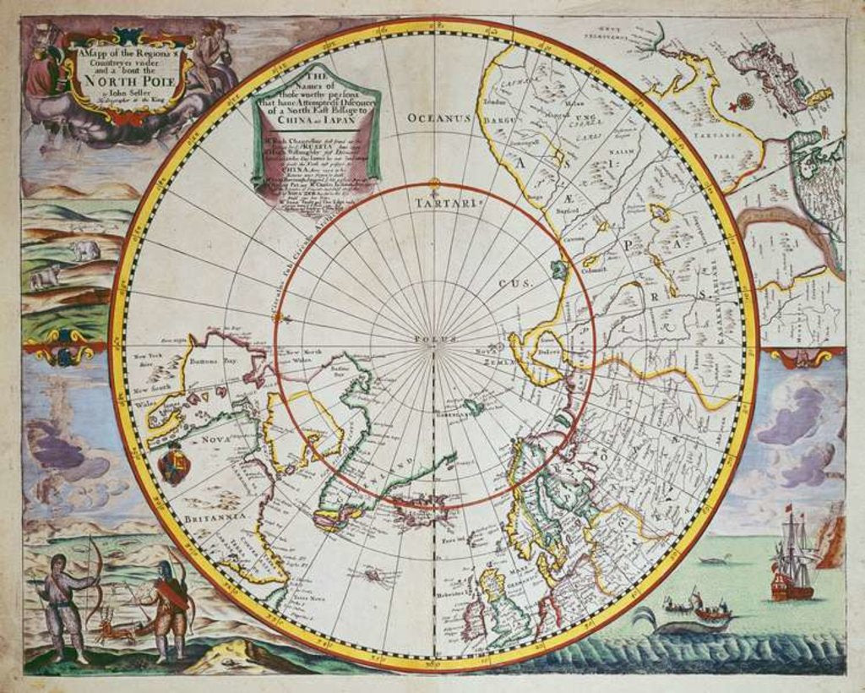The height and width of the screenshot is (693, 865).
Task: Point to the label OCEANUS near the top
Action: pos(438,118)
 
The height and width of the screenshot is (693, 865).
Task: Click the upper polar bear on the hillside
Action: pos(84,250)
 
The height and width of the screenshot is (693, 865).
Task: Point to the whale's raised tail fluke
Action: pos(643,615)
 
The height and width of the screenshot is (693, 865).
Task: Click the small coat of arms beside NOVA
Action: pos(174,464)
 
